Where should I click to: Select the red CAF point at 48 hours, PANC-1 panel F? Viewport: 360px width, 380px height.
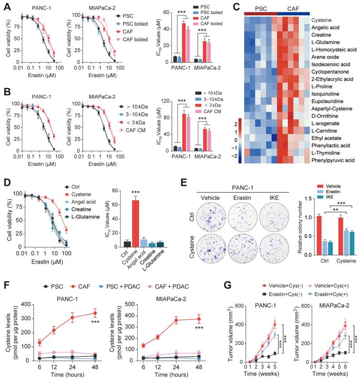(95, 313)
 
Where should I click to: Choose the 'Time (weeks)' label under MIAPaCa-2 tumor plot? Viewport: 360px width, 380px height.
(322, 376)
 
